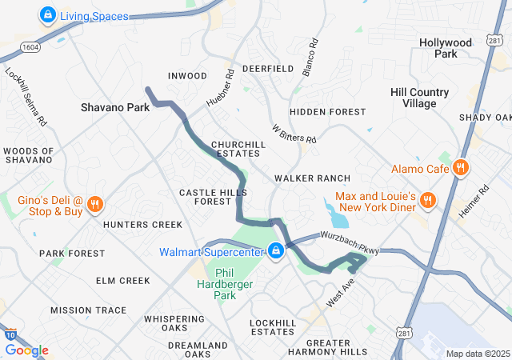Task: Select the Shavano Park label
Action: pos(115,106)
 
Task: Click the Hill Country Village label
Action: pos(424,98)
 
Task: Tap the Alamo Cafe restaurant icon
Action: pos(460,168)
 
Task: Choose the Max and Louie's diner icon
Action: pos(429,200)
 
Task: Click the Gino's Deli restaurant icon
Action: pos(94,204)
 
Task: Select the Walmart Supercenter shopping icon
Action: pos(276,251)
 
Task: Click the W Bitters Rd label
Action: pos(294,133)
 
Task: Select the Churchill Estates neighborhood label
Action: pos(236,149)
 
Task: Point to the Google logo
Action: pos(26,350)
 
